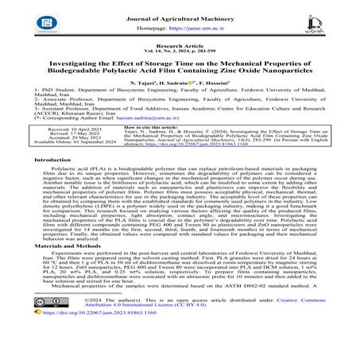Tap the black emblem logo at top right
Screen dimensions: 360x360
[331, 21]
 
